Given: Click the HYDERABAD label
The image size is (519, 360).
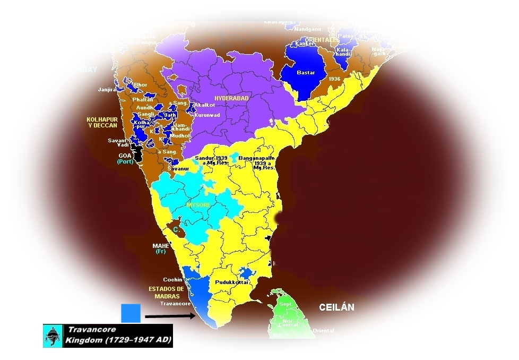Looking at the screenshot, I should (231, 98).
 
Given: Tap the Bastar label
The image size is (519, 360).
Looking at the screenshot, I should (306, 73).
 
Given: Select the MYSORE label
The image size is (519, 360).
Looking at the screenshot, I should (198, 205).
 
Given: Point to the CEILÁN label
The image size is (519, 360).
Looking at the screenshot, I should (336, 307).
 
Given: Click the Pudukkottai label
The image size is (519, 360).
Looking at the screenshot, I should (231, 282).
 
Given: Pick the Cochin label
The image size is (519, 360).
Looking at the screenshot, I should (173, 280).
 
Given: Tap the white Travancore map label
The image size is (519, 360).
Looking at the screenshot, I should (175, 304).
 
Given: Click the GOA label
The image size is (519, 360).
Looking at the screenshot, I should (125, 156).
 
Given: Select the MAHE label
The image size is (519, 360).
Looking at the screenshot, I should (161, 246).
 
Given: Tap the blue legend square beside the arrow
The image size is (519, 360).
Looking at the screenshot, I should (131, 313).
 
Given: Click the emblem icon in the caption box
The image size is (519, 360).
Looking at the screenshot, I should (53, 336).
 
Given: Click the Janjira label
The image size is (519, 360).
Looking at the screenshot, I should (107, 90).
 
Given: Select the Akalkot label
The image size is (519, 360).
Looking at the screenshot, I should (204, 105).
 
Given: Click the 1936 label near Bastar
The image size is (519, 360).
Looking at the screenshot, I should (334, 79).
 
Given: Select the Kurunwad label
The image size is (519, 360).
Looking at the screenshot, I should (206, 115).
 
